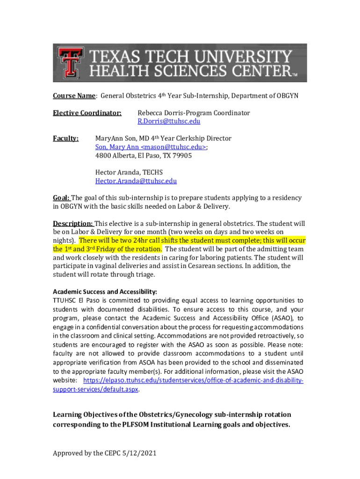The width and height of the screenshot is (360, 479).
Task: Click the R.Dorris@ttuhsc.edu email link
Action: click(x=168, y=121)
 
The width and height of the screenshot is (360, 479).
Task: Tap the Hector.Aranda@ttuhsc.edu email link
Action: click(x=136, y=181)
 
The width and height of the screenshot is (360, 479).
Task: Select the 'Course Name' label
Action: click(x=74, y=96)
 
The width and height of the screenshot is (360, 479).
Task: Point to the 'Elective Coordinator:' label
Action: click(x=87, y=113)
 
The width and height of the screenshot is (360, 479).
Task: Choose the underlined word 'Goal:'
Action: click(x=61, y=198)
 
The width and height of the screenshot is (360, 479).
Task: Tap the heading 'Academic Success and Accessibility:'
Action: click(x=105, y=291)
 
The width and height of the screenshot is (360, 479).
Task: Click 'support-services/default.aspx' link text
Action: click(x=95, y=389)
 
